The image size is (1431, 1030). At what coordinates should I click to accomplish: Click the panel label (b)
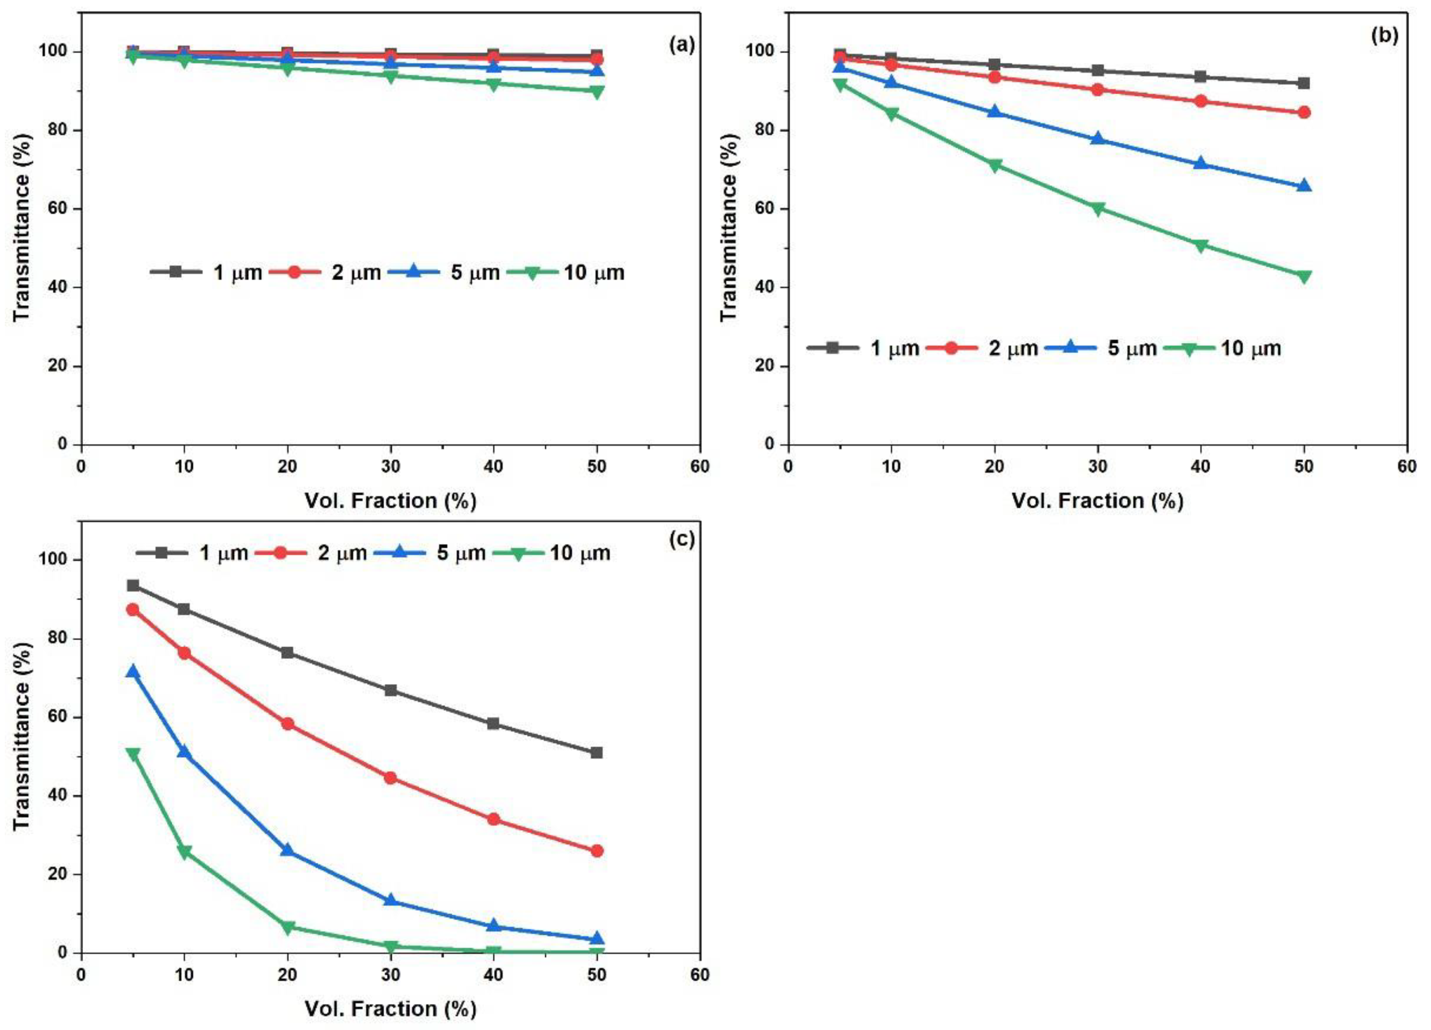(x=1384, y=36)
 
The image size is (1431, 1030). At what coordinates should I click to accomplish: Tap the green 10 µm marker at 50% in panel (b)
(x=1304, y=276)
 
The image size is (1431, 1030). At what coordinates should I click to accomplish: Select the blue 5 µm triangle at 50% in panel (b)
(x=1304, y=185)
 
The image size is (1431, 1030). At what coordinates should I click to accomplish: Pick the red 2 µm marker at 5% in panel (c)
(x=133, y=609)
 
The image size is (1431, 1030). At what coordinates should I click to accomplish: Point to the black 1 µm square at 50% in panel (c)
(x=596, y=753)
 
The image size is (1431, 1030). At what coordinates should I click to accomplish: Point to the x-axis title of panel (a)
(x=390, y=501)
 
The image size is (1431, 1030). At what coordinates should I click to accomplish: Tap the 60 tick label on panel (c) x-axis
(x=699, y=975)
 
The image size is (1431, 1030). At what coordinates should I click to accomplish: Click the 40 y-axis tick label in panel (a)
(x=58, y=288)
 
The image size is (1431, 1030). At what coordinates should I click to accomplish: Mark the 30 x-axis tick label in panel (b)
(x=1097, y=467)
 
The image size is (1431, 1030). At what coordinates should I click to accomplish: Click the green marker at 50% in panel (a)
(x=596, y=91)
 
